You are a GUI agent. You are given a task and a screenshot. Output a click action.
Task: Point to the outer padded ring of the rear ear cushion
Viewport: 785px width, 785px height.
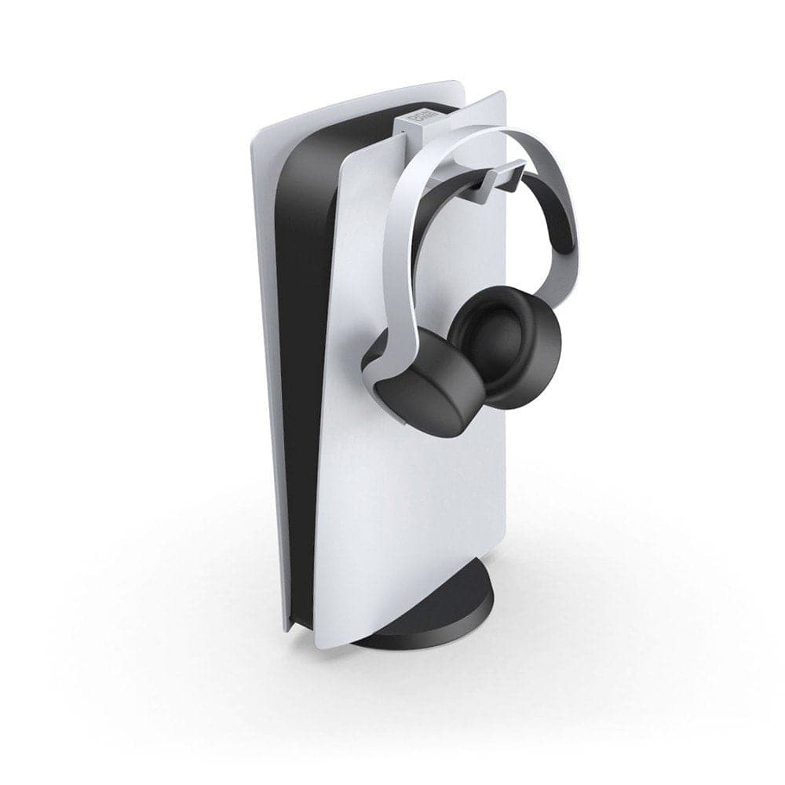click(542, 369)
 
